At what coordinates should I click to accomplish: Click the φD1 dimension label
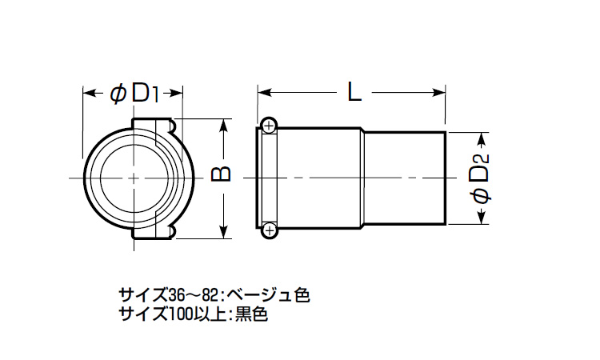[134, 94]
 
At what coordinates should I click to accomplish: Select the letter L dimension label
[354, 92]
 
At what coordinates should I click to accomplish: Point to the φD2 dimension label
[480, 178]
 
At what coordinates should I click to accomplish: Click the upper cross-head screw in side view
[270, 125]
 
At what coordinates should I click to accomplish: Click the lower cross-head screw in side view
[270, 230]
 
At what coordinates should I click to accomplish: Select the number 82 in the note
[210, 295]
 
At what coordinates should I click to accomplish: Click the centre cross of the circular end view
[134, 178]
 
